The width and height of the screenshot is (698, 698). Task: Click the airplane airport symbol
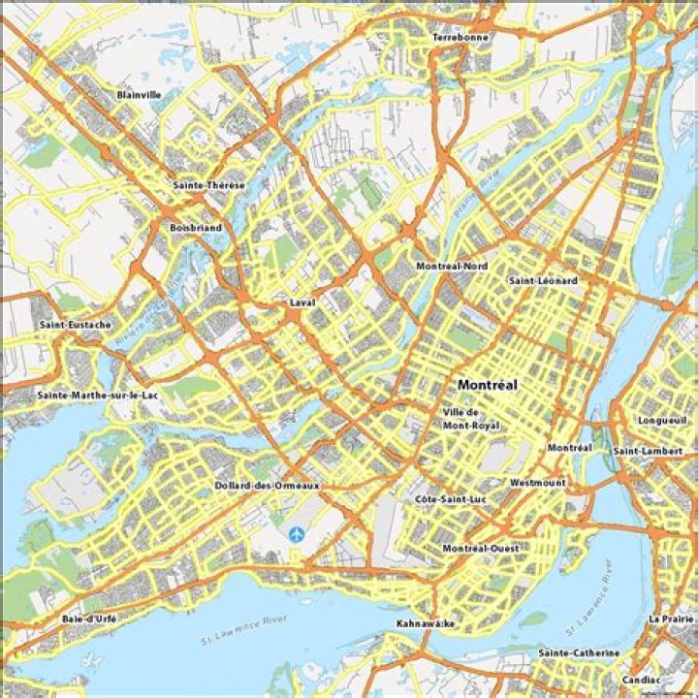(x=296, y=533)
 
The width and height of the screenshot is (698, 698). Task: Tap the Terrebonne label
(x=461, y=37)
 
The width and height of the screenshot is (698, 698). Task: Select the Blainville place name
(x=139, y=95)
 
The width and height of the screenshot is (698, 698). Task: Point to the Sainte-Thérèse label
(x=209, y=185)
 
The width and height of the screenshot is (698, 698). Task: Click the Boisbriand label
(x=196, y=228)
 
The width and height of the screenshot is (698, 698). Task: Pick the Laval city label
(x=302, y=303)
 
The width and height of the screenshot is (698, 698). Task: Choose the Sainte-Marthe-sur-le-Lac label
(x=98, y=396)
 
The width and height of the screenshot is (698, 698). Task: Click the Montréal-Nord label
(x=452, y=266)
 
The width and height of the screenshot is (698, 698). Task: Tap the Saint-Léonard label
(x=543, y=280)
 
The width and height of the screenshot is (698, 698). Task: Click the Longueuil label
(x=662, y=421)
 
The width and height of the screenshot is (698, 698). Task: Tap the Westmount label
(x=537, y=482)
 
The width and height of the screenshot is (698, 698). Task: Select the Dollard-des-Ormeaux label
(x=268, y=485)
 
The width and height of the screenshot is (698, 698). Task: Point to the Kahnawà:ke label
(x=426, y=622)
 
